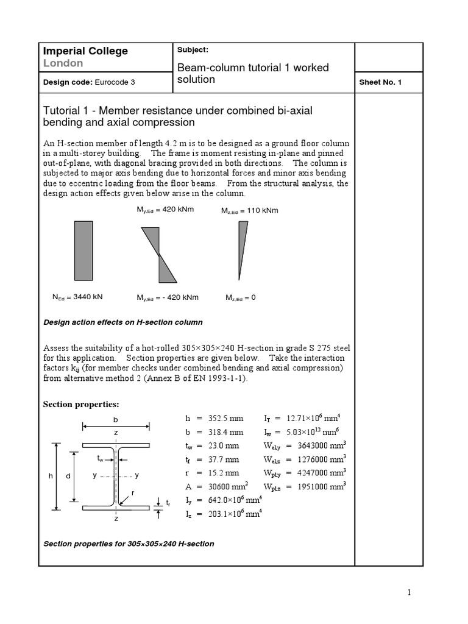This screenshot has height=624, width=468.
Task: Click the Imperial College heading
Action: coord(84,51)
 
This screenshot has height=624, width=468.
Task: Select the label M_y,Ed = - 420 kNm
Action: coord(168,297)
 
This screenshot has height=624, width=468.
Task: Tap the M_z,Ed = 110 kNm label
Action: coord(249,210)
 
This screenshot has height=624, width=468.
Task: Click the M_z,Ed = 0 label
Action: coord(240,297)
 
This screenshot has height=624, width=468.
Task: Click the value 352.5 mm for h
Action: coord(225,419)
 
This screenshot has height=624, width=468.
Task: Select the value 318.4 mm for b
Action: coord(225,432)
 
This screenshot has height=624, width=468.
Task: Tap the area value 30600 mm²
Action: coord(228,486)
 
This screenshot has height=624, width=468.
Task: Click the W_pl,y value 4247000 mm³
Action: coord(322,472)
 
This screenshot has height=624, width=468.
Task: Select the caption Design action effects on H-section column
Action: coord(122,322)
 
